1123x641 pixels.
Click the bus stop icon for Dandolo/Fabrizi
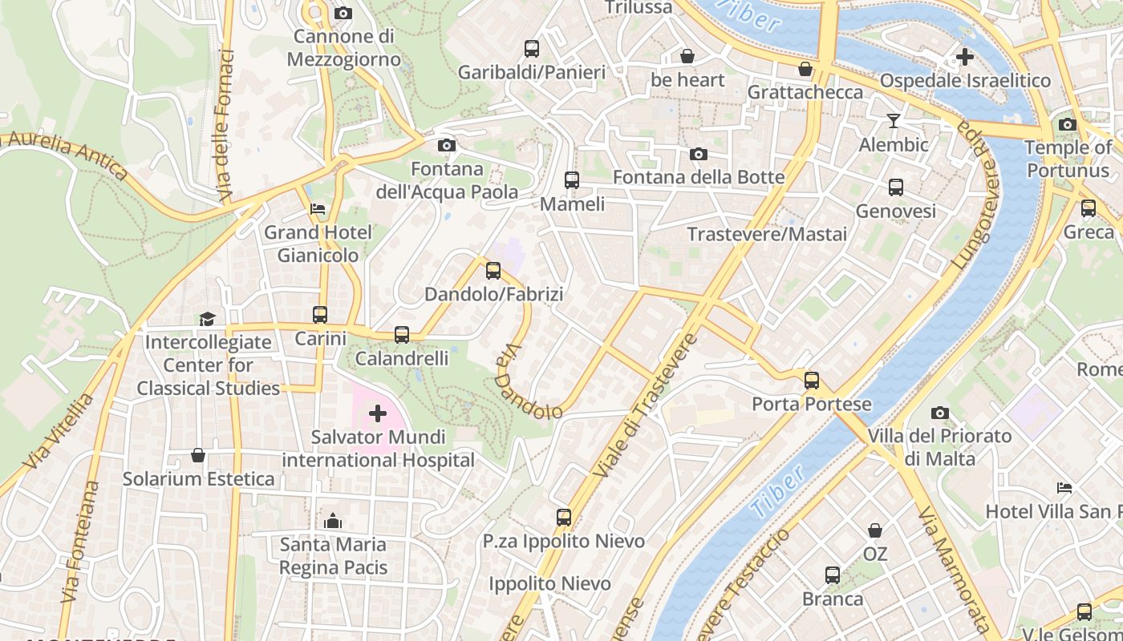tap(493, 271)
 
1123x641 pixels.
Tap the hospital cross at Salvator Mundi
tap(377, 414)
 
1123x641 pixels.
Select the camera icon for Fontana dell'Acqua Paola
tap(447, 145)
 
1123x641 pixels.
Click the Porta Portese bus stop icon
tap(812, 380)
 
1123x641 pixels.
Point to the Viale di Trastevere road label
tap(645, 406)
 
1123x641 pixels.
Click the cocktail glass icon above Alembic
tap(893, 121)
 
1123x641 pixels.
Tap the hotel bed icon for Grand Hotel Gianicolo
tap(318, 209)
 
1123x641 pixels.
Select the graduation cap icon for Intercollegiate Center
tap(208, 319)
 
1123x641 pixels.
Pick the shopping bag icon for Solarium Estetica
tap(198, 455)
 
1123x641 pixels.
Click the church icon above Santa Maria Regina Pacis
tap(333, 521)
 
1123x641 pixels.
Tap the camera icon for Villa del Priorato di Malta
tap(940, 413)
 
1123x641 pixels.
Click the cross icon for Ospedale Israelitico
tap(965, 57)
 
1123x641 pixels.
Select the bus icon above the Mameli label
tap(572, 180)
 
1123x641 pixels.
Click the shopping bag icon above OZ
tap(875, 530)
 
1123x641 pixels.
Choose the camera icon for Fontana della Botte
tap(699, 154)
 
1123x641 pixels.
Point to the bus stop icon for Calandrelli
tap(402, 335)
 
